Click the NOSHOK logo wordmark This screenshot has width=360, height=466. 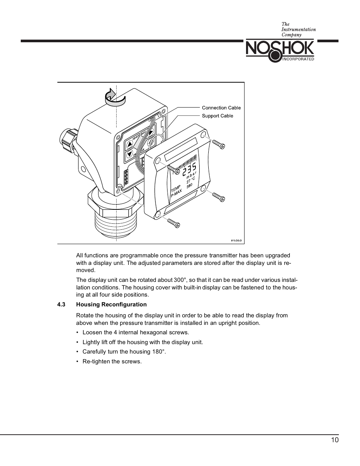click(280, 49)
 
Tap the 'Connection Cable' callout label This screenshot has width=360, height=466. click(221, 108)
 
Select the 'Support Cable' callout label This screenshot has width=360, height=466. click(217, 116)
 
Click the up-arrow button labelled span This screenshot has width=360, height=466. click(130, 144)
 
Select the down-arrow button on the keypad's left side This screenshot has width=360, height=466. click(130, 154)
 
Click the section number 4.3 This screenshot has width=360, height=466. click(61, 305)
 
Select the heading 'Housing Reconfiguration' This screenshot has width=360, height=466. click(111, 305)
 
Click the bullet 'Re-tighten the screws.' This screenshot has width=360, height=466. click(112, 361)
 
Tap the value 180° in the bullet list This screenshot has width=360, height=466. click(159, 352)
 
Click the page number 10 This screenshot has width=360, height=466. click(335, 440)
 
